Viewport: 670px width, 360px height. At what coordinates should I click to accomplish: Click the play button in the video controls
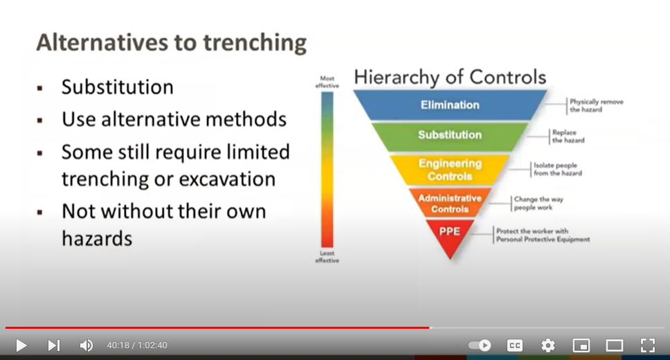[x=21, y=345]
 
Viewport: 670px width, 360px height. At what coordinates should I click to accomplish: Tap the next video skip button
[x=54, y=345]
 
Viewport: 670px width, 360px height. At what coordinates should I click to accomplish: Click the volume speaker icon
[x=87, y=345]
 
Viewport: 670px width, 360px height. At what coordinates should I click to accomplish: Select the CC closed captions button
[x=514, y=345]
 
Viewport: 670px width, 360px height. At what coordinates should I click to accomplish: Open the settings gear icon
[x=547, y=345]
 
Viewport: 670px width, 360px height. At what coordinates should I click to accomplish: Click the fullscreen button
[x=648, y=345]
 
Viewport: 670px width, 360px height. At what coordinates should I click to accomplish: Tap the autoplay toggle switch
[x=480, y=345]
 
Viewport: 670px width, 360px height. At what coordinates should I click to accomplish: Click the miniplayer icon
[x=581, y=345]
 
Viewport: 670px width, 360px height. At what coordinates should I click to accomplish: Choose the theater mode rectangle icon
[x=615, y=345]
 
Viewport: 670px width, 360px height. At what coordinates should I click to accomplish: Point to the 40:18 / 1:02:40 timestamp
[x=137, y=345]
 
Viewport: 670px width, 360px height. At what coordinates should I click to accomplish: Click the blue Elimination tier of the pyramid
[x=450, y=105]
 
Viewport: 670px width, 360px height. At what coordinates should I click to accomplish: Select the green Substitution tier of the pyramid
[x=450, y=135]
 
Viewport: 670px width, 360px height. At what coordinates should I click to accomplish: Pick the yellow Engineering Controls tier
[x=450, y=170]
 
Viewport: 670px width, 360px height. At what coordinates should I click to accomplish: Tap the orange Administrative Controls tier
[x=450, y=204]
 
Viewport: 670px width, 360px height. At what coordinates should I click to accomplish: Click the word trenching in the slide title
[x=255, y=43]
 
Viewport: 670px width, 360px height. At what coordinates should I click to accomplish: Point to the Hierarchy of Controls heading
[x=450, y=78]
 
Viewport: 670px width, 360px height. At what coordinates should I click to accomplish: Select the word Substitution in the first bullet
[x=118, y=87]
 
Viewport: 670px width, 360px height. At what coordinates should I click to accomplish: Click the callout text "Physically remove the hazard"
[x=596, y=106]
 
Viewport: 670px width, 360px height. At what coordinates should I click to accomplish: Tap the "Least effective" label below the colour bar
[x=327, y=257]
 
